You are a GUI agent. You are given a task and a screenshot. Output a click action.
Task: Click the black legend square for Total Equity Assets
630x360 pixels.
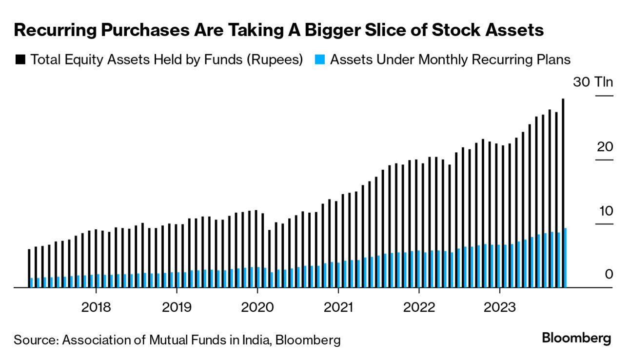[20, 60]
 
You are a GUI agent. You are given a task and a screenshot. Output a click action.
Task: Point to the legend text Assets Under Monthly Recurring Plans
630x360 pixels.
[450, 60]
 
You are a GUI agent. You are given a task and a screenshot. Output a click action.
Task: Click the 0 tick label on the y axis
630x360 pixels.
[609, 275]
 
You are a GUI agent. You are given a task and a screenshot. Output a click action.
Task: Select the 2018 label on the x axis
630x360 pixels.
[96, 307]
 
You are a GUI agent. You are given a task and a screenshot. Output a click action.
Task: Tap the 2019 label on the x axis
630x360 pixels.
[177, 307]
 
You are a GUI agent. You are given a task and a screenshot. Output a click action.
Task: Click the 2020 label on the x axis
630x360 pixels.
[257, 307]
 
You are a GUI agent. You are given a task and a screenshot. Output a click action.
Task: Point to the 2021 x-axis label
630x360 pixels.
[338, 307]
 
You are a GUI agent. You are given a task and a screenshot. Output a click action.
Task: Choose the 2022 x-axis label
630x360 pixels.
[418, 307]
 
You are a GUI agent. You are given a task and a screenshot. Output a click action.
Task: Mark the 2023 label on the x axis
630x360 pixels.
[499, 307]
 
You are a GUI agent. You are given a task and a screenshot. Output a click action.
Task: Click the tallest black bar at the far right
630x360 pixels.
[563, 161]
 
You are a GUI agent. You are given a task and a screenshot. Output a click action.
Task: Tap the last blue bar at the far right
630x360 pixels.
[565, 258]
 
